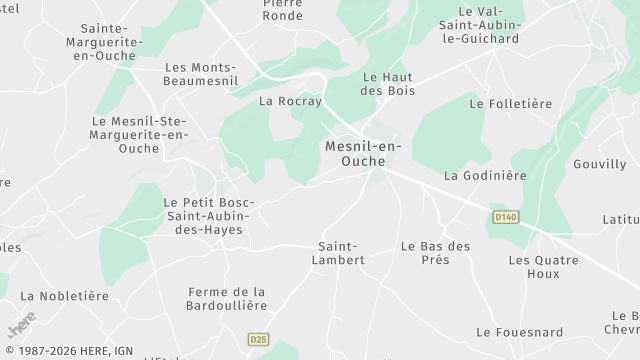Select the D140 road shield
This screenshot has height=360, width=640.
point(505,215)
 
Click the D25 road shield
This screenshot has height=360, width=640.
point(259,339)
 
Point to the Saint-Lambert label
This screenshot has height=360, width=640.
point(342,252)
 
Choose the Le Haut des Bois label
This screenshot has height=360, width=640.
point(388,84)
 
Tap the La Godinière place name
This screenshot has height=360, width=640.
point(485,176)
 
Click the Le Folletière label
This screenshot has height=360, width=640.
point(510,103)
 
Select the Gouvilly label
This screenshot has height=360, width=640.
point(599,164)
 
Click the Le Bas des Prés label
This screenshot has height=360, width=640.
point(435,252)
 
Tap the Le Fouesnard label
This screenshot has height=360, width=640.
point(519,332)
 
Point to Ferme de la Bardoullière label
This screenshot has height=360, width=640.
point(226,299)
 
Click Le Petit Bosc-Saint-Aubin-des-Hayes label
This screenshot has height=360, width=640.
point(209,215)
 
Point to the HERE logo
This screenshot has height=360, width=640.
point(21,325)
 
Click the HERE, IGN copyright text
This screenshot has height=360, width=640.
point(68,351)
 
